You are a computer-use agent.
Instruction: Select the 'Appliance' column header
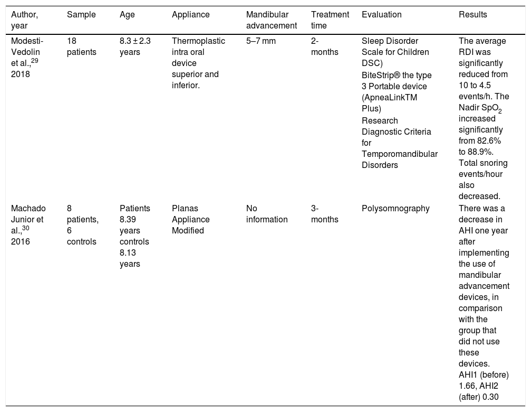point(190,15)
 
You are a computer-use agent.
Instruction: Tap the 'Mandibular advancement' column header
point(271,20)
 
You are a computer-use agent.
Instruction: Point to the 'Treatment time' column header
point(330,20)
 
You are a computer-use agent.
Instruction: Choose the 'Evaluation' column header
point(381,15)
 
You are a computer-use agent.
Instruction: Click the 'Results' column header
point(473,15)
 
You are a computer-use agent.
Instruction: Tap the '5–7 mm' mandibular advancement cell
point(260,41)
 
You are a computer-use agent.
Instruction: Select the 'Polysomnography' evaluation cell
point(395,209)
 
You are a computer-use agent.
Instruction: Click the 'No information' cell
point(267,214)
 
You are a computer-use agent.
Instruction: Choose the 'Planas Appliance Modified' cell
point(190,220)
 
